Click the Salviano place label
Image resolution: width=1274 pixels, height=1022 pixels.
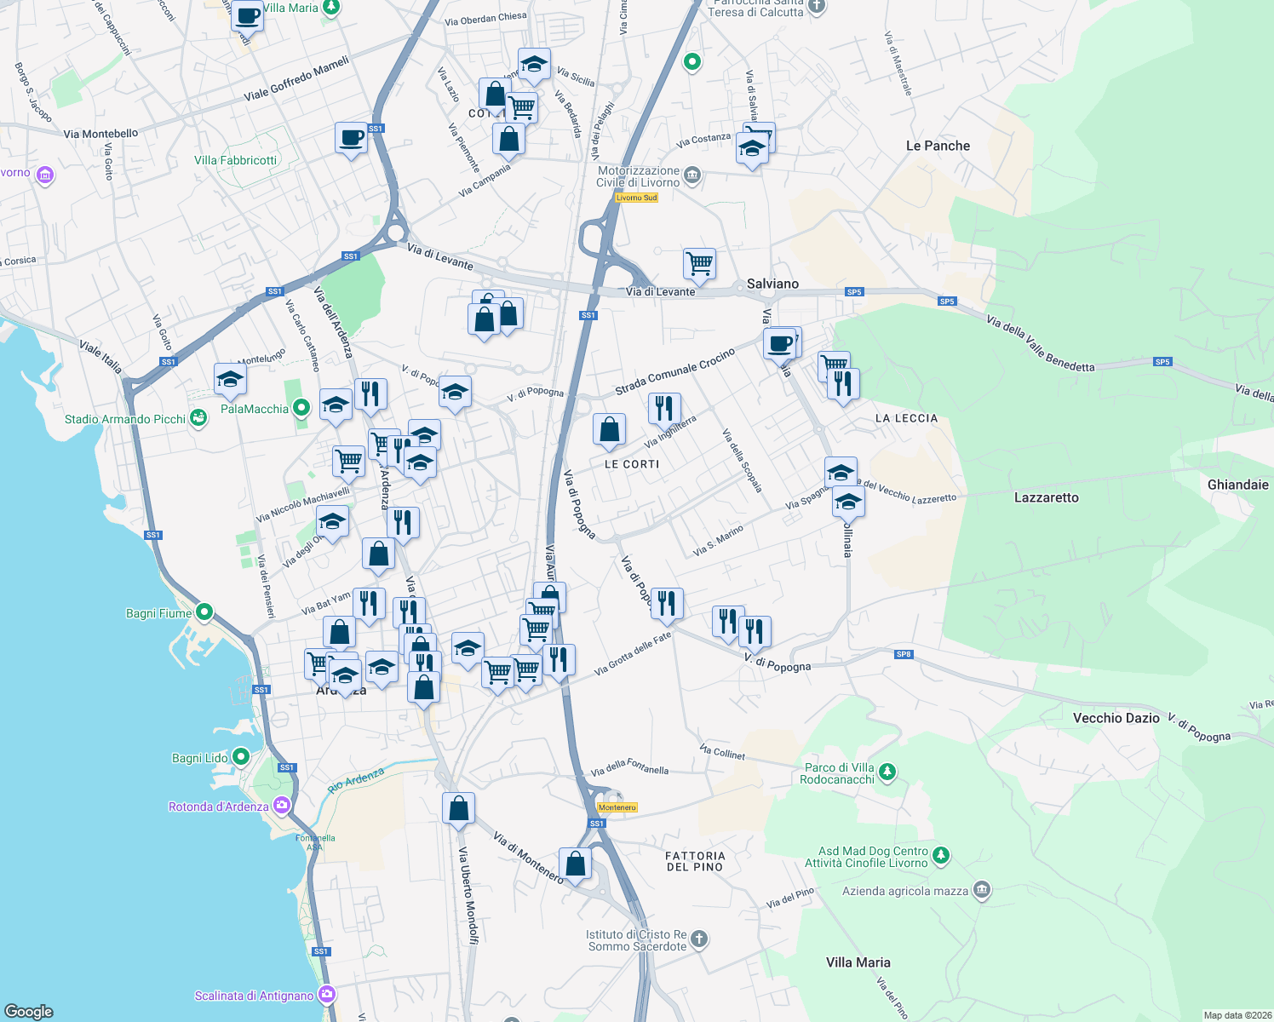[x=772, y=284]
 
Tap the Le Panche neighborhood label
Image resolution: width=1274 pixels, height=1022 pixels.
[x=938, y=146]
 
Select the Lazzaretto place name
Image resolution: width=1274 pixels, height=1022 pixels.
[x=1046, y=497]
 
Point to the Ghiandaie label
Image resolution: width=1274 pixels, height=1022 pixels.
[x=1237, y=485]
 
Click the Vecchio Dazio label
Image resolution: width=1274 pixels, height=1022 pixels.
[x=1116, y=718]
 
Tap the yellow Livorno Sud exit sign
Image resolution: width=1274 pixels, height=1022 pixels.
[x=636, y=198]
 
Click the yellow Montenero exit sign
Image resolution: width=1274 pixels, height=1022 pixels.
[x=617, y=807]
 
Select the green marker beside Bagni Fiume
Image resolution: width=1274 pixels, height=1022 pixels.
[x=204, y=612]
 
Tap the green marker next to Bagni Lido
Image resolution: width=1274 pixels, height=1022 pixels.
[x=241, y=757]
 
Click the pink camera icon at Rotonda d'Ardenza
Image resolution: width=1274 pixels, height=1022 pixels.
[x=282, y=806]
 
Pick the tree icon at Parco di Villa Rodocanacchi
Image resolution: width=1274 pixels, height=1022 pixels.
[x=887, y=772]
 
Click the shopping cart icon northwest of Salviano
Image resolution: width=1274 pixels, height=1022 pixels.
[x=699, y=263]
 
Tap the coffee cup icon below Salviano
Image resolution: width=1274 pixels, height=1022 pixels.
[x=778, y=343]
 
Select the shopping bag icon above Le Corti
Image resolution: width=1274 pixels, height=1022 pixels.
[x=609, y=430]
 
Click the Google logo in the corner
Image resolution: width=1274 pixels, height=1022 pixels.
[x=28, y=1011]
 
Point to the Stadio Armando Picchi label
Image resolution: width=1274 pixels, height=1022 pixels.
[x=125, y=419]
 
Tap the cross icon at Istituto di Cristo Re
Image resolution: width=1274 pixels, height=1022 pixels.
[x=699, y=939]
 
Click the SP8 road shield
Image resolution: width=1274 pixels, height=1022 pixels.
[x=904, y=654]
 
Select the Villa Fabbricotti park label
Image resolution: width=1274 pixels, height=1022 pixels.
[x=235, y=160]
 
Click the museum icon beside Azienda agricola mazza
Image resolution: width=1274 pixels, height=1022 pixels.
[x=982, y=891]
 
